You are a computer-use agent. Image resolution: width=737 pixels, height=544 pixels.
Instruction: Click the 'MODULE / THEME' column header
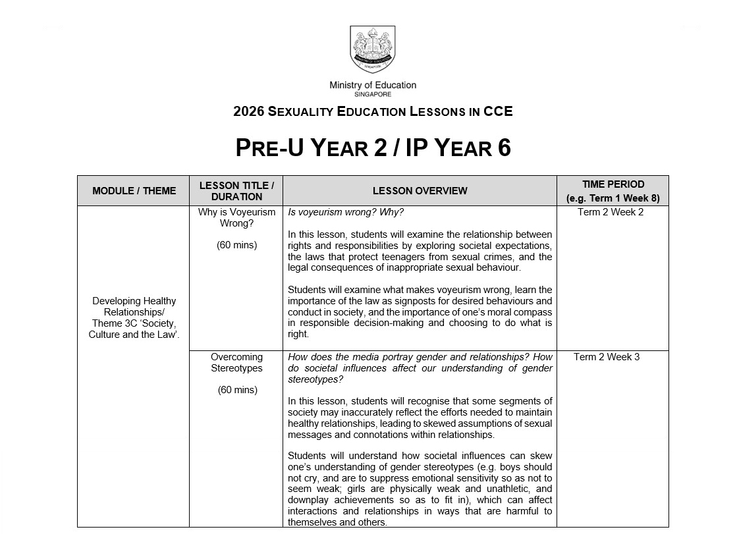coord(134,191)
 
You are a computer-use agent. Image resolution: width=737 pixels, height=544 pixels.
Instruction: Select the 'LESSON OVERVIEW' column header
coord(420,191)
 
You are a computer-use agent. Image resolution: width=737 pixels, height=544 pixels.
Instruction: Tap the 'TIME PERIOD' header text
coord(613,184)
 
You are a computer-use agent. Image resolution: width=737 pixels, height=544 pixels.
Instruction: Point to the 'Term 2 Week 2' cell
coord(611,212)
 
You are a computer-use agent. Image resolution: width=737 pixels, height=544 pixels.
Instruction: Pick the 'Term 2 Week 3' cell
coord(606,357)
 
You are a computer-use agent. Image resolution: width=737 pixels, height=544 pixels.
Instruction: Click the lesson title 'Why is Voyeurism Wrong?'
coord(236,217)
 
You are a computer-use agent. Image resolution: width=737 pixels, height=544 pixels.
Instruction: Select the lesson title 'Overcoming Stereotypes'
coord(236,362)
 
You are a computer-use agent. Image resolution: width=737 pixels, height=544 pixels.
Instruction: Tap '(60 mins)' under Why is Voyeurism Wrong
coord(236,245)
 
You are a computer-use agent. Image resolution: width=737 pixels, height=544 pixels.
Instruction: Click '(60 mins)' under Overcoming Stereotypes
coord(236,390)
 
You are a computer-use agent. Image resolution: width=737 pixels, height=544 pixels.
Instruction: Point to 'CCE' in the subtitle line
coord(498,111)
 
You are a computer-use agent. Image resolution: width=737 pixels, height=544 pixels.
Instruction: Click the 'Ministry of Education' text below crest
coord(373,85)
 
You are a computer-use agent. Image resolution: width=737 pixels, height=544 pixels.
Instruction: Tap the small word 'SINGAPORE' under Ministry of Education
coord(373,94)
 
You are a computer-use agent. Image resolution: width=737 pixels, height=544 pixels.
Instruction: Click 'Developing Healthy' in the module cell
coord(134,301)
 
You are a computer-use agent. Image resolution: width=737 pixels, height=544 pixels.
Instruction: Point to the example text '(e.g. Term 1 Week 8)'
coord(613,198)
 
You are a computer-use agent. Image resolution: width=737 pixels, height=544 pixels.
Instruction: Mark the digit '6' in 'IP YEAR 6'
coord(503,148)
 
